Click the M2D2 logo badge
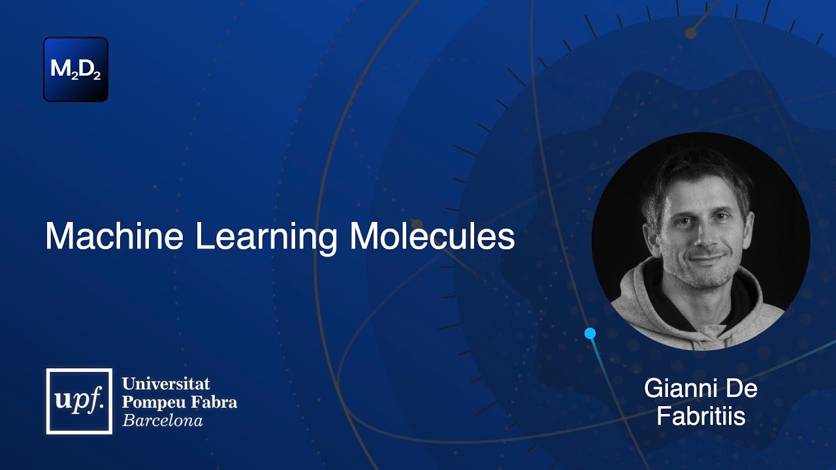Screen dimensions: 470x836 (76, 69)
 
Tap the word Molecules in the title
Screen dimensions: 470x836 (432, 236)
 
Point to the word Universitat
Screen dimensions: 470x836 (166, 383)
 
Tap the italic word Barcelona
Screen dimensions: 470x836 (163, 420)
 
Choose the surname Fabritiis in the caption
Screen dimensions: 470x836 (701, 416)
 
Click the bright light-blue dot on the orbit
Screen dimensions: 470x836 (590, 334)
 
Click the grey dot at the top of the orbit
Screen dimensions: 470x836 (690, 33)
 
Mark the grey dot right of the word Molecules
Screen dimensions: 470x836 (417, 225)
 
